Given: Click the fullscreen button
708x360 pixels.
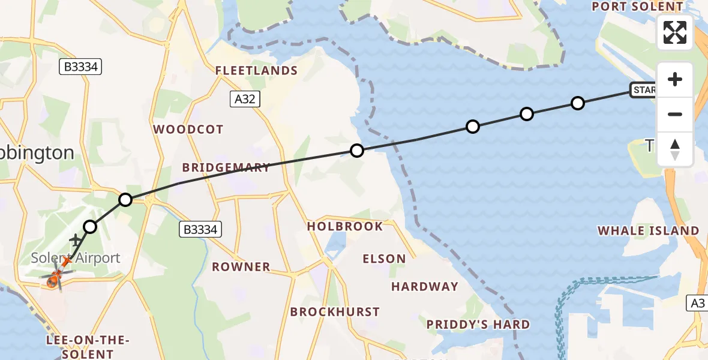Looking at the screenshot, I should pyautogui.click(x=675, y=32).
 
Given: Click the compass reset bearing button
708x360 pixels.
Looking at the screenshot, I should pyautogui.click(x=675, y=149).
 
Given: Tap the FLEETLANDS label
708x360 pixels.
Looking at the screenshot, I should pyautogui.click(x=257, y=71).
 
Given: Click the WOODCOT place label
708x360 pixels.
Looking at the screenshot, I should pyautogui.click(x=188, y=130).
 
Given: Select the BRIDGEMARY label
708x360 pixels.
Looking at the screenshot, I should pyautogui.click(x=226, y=168).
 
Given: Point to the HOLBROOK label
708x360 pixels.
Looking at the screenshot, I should pyautogui.click(x=345, y=226).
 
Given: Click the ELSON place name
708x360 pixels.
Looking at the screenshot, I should pyautogui.click(x=384, y=259).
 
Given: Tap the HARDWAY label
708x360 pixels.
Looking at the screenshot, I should pyautogui.click(x=425, y=287).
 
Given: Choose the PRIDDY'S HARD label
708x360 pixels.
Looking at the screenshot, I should pyautogui.click(x=478, y=325).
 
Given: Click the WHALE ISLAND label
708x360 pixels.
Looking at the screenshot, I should pyautogui.click(x=649, y=230).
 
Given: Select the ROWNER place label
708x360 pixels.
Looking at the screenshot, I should pyautogui.click(x=241, y=266).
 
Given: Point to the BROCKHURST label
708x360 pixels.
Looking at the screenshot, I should pyautogui.click(x=335, y=312).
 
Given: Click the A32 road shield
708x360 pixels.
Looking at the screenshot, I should pyautogui.click(x=245, y=99).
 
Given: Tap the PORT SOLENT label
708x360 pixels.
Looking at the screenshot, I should pyautogui.click(x=637, y=7).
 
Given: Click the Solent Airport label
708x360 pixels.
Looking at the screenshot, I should pyautogui.click(x=76, y=259).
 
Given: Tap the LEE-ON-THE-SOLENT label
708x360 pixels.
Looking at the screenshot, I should pyautogui.click(x=88, y=347).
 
